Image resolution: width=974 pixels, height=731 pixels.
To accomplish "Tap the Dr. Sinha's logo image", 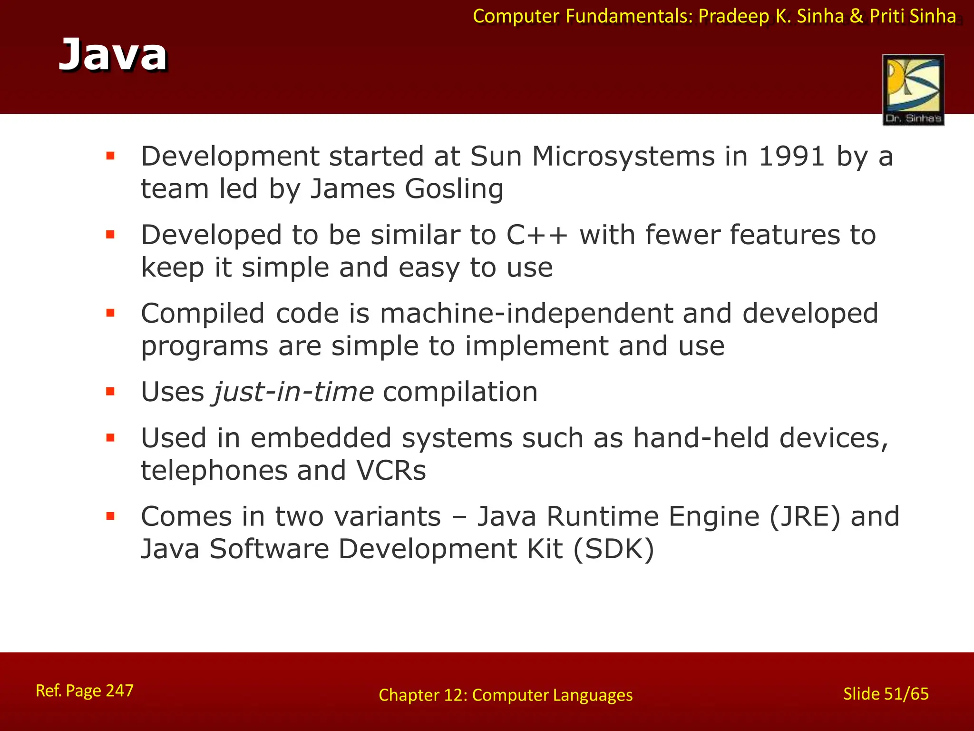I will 913,89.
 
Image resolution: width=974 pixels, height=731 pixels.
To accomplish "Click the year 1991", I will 791,156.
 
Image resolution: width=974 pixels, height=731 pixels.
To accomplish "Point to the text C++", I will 537,235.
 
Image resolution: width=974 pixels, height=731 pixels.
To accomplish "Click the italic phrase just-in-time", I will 293,392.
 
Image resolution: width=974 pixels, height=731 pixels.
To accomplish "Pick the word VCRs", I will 391,471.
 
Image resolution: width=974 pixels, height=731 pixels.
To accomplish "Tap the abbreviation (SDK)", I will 614,549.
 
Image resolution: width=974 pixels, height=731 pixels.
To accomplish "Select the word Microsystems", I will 623,156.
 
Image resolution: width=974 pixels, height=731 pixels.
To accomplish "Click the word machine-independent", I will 526,314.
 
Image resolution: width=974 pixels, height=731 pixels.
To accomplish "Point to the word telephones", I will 214,471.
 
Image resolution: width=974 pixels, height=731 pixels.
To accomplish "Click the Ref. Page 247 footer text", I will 85,691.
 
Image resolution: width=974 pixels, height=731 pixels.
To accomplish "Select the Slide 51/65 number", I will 886,694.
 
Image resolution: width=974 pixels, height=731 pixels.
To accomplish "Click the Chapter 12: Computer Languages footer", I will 506,695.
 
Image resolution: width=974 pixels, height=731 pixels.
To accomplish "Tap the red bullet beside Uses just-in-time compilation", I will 111,392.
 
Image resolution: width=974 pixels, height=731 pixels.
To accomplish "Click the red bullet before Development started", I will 111,156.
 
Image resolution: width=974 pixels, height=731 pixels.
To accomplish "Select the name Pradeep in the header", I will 733,16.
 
